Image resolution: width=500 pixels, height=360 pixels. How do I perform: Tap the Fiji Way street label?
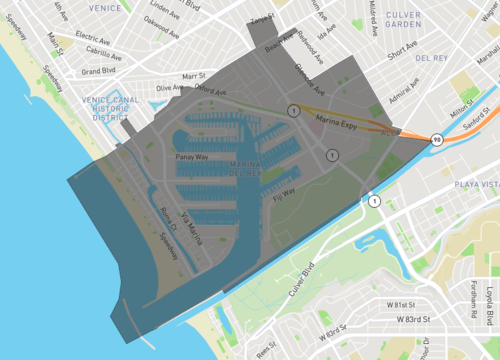tap(284, 193)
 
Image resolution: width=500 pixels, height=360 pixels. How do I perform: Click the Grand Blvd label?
tap(99, 71)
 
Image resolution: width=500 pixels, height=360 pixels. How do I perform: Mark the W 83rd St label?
tap(406, 318)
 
